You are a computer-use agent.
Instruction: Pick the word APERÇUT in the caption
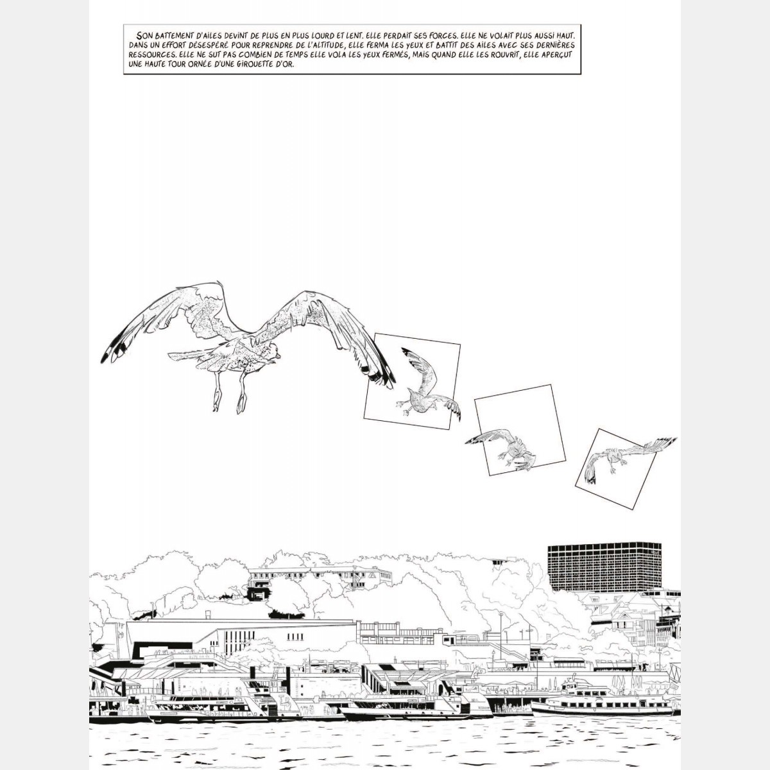coord(556,55)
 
